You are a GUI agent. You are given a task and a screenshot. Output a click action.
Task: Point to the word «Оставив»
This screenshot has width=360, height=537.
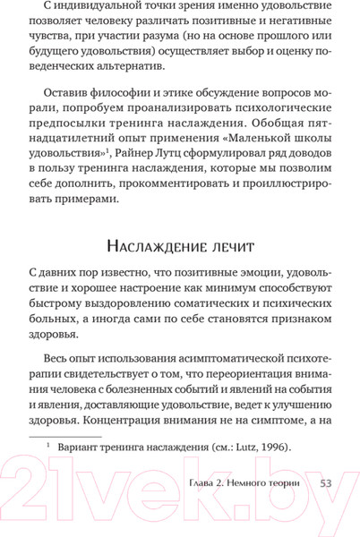click(68, 98)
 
